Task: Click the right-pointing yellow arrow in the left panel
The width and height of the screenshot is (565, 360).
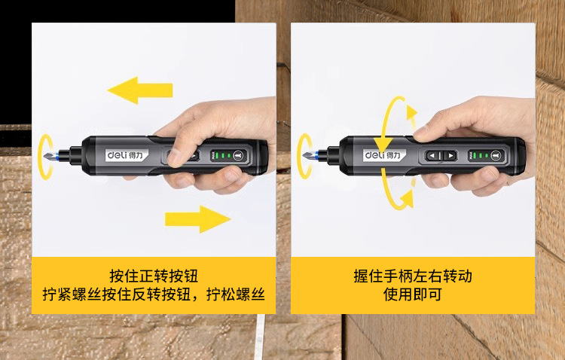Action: pyautogui.click(x=197, y=218)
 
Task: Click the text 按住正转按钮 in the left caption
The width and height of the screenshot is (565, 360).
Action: pyautogui.click(x=154, y=275)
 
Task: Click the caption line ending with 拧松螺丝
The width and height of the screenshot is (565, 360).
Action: pyautogui.click(x=154, y=294)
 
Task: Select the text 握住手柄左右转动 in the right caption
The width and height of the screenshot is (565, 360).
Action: pyautogui.click(x=413, y=275)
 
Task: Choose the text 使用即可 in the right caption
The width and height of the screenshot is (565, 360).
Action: pyautogui.click(x=413, y=294)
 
